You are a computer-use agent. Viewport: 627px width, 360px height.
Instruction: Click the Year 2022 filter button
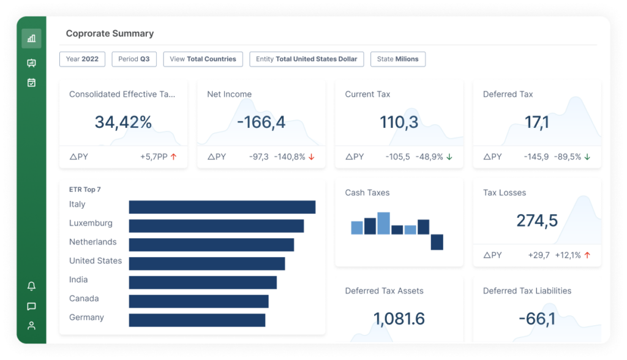click(x=82, y=59)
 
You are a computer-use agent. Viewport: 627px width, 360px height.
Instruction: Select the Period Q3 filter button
click(x=133, y=59)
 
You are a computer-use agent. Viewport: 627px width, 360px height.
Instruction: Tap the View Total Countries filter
click(x=203, y=59)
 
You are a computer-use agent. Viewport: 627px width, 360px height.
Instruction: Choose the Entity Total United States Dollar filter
click(x=306, y=59)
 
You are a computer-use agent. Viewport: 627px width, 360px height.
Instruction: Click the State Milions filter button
click(x=397, y=59)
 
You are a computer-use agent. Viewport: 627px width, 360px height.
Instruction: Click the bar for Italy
click(x=222, y=207)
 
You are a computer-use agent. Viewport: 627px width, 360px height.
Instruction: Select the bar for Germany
click(x=197, y=320)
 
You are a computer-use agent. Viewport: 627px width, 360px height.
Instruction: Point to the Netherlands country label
click(x=92, y=242)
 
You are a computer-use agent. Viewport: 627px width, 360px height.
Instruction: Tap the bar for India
click(x=203, y=282)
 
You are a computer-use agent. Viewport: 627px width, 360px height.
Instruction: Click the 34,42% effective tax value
click(x=123, y=122)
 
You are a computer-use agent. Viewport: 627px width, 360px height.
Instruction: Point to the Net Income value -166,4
click(x=261, y=122)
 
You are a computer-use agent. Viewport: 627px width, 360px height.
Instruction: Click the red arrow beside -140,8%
click(x=311, y=157)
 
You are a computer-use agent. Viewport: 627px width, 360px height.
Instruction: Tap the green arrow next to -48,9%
click(x=449, y=157)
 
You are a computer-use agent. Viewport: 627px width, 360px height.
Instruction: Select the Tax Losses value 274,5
click(x=536, y=220)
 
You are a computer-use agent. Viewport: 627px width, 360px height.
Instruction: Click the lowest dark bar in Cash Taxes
click(x=437, y=242)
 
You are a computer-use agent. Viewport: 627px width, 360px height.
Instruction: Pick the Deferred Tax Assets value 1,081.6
click(x=399, y=319)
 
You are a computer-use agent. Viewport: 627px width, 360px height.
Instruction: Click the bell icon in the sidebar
click(x=32, y=286)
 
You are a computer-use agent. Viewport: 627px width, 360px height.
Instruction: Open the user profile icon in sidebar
click(x=32, y=326)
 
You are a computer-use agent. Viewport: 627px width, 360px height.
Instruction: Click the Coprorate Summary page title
click(x=110, y=34)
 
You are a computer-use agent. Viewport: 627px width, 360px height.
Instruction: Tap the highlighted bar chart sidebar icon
click(x=32, y=39)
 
